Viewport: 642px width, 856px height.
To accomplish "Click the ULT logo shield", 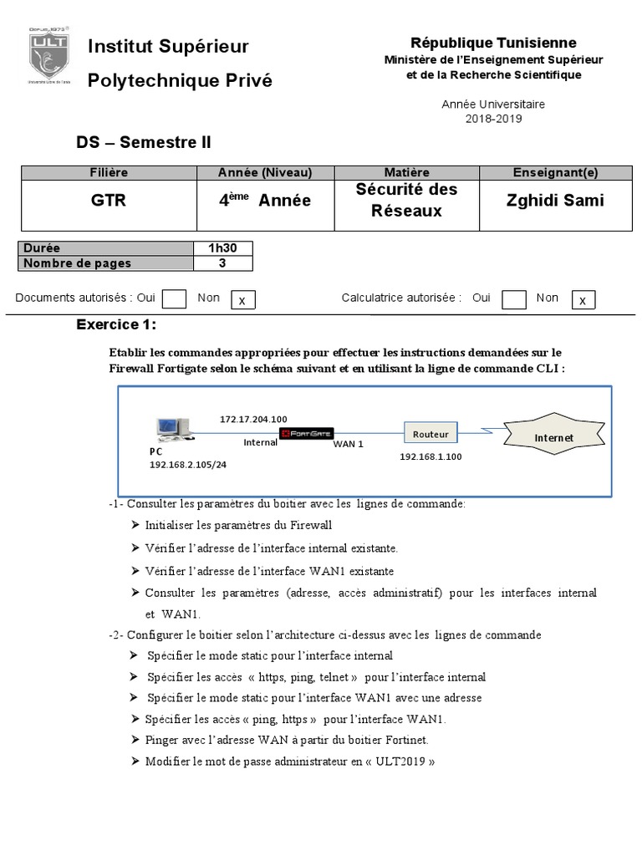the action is click(x=49, y=59).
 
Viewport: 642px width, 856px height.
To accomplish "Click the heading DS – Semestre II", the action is click(x=144, y=143).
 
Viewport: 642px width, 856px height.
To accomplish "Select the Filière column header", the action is click(x=109, y=173).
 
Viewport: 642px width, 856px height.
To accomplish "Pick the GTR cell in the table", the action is click(x=109, y=201).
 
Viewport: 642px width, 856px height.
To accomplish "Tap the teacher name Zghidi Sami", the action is click(x=555, y=201).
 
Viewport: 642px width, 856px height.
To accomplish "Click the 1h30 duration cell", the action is click(x=223, y=248).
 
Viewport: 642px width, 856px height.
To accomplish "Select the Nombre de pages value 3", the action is click(x=223, y=262).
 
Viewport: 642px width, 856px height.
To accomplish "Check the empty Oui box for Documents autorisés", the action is click(x=174, y=299).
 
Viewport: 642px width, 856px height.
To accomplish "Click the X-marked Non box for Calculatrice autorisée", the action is click(x=583, y=300).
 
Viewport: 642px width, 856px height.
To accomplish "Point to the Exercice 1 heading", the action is click(x=116, y=325).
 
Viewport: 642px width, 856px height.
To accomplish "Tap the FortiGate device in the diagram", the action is click(x=306, y=433).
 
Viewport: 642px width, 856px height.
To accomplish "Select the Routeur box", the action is click(x=431, y=434).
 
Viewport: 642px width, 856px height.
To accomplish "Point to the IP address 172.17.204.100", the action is click(x=253, y=419).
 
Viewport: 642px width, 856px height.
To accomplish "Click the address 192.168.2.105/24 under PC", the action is click(x=188, y=464).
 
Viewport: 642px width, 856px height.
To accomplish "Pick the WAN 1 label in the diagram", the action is click(x=349, y=445).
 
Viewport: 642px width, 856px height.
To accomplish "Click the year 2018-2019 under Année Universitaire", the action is click(x=493, y=119).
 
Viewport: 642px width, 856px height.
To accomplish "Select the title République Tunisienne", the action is click(x=493, y=43).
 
